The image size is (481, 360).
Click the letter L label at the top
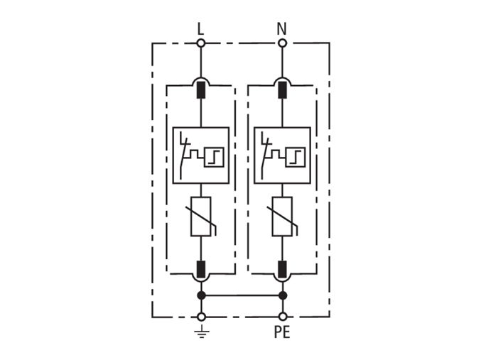tap(200, 29)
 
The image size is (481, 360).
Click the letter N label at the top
tap(281, 29)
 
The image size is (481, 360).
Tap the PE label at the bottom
tap(282, 332)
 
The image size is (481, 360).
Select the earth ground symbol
tap(202, 332)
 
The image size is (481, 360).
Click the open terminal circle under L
tap(201, 43)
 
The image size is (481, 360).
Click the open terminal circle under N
tap(283, 43)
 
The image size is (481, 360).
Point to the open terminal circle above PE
tap(283, 317)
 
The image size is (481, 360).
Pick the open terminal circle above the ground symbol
tap(201, 317)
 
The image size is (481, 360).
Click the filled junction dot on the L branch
tap(201, 295)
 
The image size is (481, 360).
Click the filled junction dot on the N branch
tap(283, 295)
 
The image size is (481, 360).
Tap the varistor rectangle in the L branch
tap(201, 217)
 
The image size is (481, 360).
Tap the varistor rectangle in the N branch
tap(282, 217)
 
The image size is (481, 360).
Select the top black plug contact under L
tap(201, 90)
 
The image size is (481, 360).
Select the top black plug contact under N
tap(282, 90)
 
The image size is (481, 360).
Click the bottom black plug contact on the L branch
tap(201, 269)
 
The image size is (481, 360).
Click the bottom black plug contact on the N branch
tap(282, 269)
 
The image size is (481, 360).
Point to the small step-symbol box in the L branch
tap(214, 158)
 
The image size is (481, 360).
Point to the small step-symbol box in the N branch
tap(296, 158)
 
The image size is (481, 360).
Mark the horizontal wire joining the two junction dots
tap(242, 295)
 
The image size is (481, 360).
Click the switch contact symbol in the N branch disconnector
tap(264, 156)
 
